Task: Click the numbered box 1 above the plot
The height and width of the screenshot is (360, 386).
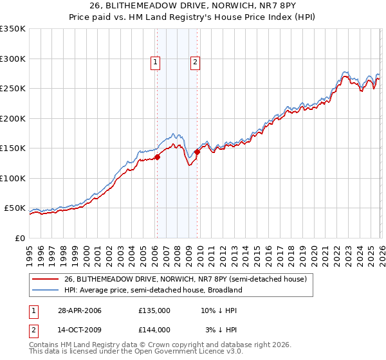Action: (x=156, y=62)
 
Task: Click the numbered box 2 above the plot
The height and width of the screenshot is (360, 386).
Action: (x=195, y=62)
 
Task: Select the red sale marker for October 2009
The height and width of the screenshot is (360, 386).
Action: (x=197, y=152)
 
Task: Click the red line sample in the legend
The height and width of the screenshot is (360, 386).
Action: (x=46, y=280)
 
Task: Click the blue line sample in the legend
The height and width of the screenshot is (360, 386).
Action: (x=46, y=291)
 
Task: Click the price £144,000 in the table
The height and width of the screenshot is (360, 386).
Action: (x=154, y=329)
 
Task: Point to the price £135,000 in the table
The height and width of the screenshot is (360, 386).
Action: (x=154, y=310)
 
